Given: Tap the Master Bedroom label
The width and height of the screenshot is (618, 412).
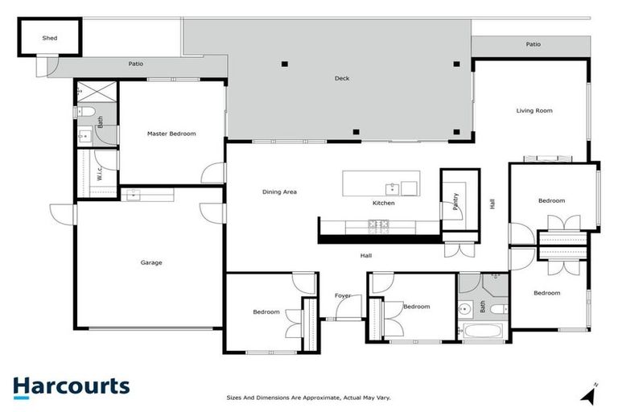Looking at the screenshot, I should (x=171, y=134).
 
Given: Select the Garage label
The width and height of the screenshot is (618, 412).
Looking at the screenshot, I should (x=151, y=262).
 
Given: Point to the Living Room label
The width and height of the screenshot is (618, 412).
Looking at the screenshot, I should (x=534, y=111).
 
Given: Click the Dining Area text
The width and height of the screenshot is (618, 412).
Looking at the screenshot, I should (x=280, y=192).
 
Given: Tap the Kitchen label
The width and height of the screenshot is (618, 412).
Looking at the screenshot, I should (x=383, y=203).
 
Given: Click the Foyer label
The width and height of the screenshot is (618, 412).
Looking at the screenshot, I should (x=343, y=296).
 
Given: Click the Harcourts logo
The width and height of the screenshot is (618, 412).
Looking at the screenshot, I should (x=71, y=385).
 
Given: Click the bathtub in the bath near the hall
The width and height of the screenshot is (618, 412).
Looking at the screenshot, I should (x=482, y=331).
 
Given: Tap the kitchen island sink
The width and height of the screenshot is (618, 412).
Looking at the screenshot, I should (x=391, y=188).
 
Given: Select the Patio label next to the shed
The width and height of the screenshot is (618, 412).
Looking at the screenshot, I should (x=136, y=64).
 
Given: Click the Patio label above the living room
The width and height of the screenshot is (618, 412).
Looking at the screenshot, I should (x=533, y=45).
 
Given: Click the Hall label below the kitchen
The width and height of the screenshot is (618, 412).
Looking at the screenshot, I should (x=365, y=255).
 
